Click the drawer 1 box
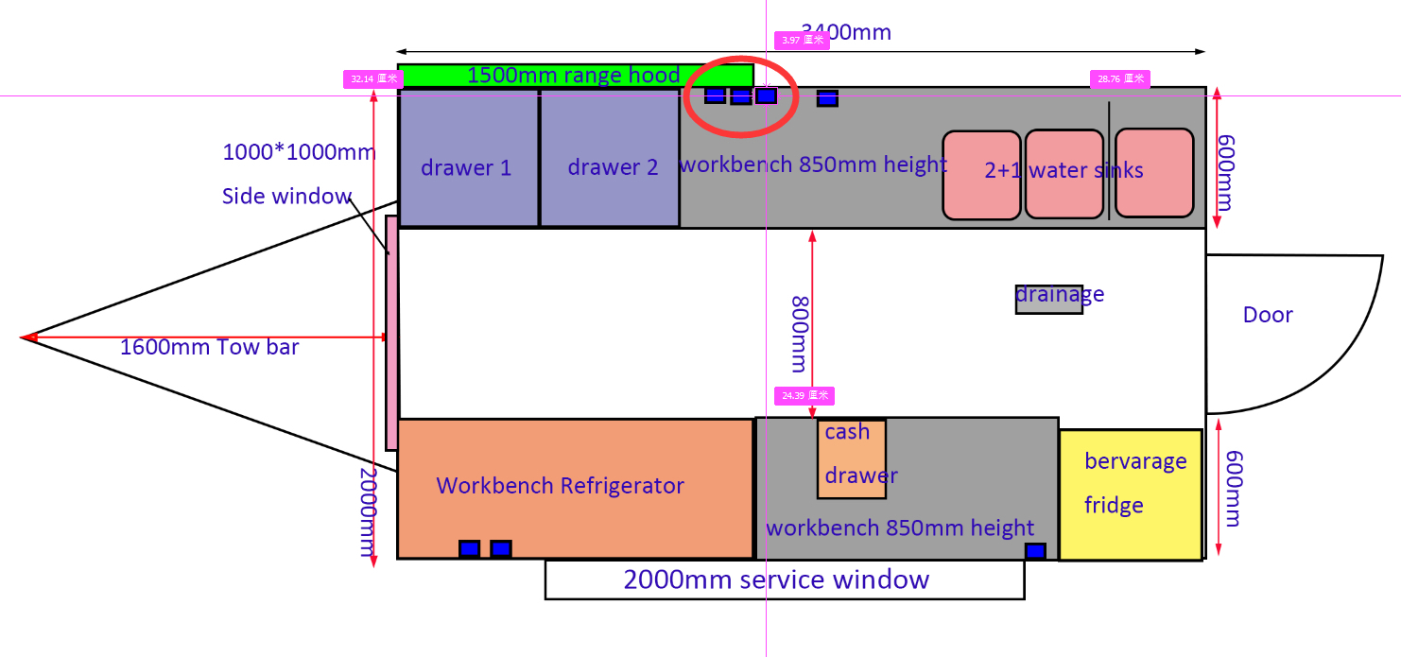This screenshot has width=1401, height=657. pos(468,157)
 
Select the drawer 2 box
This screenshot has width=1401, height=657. pos(610,157)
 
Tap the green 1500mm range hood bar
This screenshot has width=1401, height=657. pos(574,75)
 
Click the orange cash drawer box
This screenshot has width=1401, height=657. pos(852,458)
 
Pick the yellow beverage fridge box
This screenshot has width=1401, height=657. pos(1131,494)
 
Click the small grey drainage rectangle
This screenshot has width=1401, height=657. pos(1048,299)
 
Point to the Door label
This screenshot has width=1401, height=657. pos(1267,315)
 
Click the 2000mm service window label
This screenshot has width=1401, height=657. pos(776,579)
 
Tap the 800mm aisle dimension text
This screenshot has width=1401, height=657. pos(799,333)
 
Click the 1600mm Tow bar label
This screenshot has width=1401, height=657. pos(209,347)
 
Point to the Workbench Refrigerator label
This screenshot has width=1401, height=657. pos(560,486)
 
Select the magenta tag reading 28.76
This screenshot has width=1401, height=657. pos(1119,79)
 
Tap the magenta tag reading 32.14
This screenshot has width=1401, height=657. pos(372,79)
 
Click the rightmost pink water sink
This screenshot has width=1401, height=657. pos(1153,173)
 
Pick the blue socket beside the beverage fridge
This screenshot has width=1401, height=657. pos(1035,551)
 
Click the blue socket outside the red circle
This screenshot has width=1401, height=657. pos(827,97)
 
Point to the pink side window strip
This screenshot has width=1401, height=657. pos(391,333)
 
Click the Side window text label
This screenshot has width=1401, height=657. pos(286,197)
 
